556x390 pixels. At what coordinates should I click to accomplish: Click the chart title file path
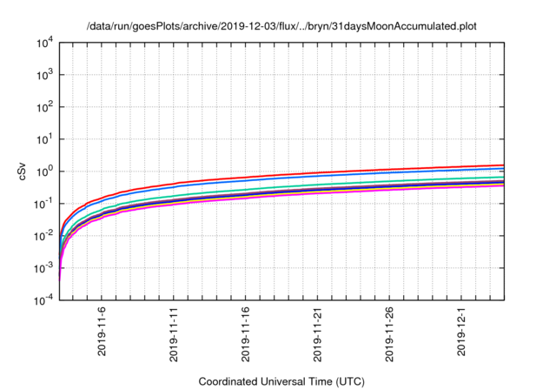coord(282,27)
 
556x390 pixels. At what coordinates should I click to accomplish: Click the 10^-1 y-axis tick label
coord(43,204)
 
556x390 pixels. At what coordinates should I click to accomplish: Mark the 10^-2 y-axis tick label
coord(43,236)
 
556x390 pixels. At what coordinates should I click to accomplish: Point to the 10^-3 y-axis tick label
coord(43,268)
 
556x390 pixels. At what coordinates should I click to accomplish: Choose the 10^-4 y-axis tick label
coord(43,300)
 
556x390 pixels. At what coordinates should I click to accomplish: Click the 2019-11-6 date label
coord(103,330)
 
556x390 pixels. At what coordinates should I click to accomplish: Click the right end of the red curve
coord(503,165)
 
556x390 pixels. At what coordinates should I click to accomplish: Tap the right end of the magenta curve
coord(503,185)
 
